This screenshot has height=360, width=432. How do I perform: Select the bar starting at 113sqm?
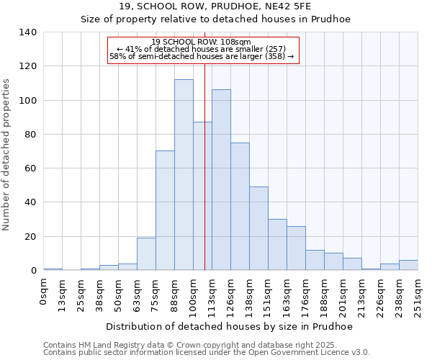(x=221, y=180)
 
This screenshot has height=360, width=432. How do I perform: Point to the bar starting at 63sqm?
(x=146, y=254)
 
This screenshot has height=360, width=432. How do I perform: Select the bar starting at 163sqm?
(x=296, y=248)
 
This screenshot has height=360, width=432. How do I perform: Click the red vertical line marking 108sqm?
(x=204, y=180)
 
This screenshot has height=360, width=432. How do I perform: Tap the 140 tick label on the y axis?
(x=28, y=32)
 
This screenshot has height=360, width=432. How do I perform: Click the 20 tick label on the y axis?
(x=31, y=237)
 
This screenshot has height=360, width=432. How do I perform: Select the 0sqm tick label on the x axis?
(x=44, y=291)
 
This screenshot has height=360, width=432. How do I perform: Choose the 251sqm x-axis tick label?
(x=418, y=295)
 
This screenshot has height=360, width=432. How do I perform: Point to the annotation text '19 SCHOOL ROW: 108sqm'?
(x=202, y=42)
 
